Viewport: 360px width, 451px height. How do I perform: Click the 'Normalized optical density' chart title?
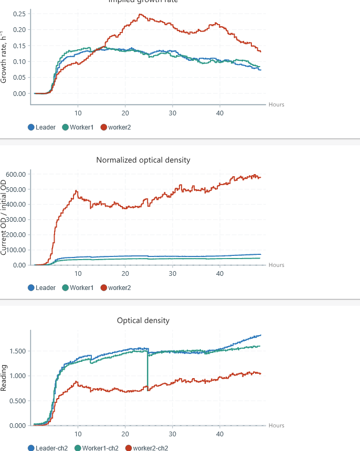pos(143,160)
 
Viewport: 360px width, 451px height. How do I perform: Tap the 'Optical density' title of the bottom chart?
pos(143,320)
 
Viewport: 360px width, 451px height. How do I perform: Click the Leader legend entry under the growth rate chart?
pos(42,127)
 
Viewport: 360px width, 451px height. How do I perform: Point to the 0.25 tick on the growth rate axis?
pos(19,13)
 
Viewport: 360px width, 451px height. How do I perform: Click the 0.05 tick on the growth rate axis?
pos(19,78)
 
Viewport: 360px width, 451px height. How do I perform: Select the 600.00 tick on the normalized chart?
pos(16,174)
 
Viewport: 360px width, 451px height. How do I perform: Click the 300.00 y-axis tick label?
pos(16,220)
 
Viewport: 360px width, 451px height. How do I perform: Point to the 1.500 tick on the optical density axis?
pos(17,351)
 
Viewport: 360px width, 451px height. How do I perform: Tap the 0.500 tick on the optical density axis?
pos(17,401)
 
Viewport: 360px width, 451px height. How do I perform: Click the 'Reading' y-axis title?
pos(4,378)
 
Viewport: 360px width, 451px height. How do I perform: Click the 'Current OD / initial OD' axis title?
pos(4,217)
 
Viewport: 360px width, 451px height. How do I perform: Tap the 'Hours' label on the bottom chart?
pos(277,425)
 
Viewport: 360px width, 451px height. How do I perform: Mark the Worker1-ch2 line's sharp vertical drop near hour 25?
pos(147,370)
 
